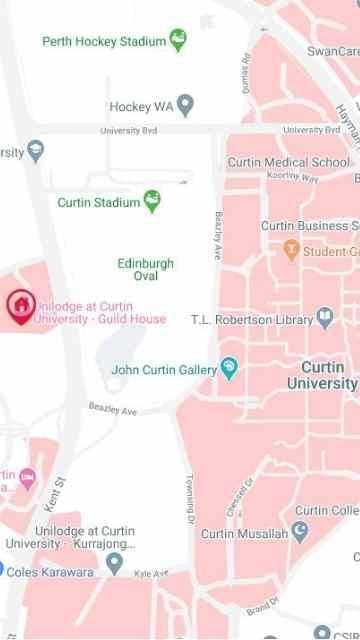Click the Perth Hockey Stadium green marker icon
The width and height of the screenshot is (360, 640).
[179, 40]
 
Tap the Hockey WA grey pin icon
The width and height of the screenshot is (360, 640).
[185, 106]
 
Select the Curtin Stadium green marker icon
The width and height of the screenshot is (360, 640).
[153, 202]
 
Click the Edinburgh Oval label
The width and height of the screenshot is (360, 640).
[145, 269]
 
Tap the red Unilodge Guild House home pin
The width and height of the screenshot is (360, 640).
[19, 304]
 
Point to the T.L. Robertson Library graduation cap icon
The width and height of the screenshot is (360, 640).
[325, 319]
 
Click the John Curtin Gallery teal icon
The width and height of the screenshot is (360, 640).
[230, 370]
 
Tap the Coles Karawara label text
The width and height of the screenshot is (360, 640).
[53, 572]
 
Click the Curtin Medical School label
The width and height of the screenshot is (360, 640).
[288, 162]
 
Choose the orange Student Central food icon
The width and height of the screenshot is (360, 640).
[291, 251]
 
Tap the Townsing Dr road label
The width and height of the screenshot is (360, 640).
[189, 500]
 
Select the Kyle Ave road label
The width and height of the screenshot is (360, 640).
[151, 574]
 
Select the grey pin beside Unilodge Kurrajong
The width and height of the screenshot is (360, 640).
[115, 563]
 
